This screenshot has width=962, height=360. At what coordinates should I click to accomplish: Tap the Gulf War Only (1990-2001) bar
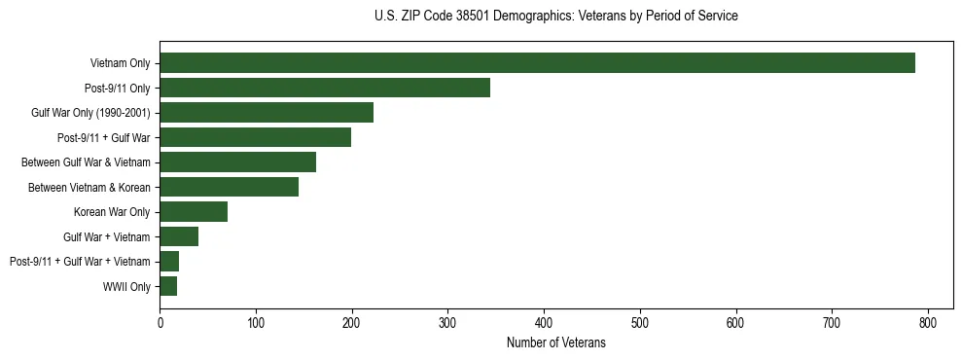coord(267,113)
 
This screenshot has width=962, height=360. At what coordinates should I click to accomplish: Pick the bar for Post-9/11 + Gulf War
coord(255,137)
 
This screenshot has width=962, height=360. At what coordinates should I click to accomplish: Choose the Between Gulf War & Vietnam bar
coord(237,162)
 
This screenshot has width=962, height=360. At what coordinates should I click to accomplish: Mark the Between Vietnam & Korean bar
coord(229,187)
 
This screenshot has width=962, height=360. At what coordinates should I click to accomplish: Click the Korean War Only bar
coord(194,211)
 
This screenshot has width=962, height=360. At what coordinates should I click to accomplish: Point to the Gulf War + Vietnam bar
coord(179,236)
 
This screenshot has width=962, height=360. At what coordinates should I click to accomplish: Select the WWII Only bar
coord(168,286)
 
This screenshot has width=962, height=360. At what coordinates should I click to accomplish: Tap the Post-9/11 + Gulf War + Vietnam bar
coord(169,261)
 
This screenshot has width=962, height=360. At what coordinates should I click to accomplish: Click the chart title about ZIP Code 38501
coord(555,17)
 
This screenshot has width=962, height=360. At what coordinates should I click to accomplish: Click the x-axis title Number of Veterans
coord(555,342)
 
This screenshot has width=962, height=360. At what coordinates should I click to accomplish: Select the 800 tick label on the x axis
coord(928,323)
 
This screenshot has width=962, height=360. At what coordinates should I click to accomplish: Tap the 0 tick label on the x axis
coord(160,323)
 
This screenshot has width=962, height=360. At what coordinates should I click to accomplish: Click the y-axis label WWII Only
coord(126,287)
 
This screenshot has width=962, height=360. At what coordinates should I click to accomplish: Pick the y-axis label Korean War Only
coord(112,212)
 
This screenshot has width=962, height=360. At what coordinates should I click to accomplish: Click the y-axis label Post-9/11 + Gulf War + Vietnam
coord(80,262)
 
